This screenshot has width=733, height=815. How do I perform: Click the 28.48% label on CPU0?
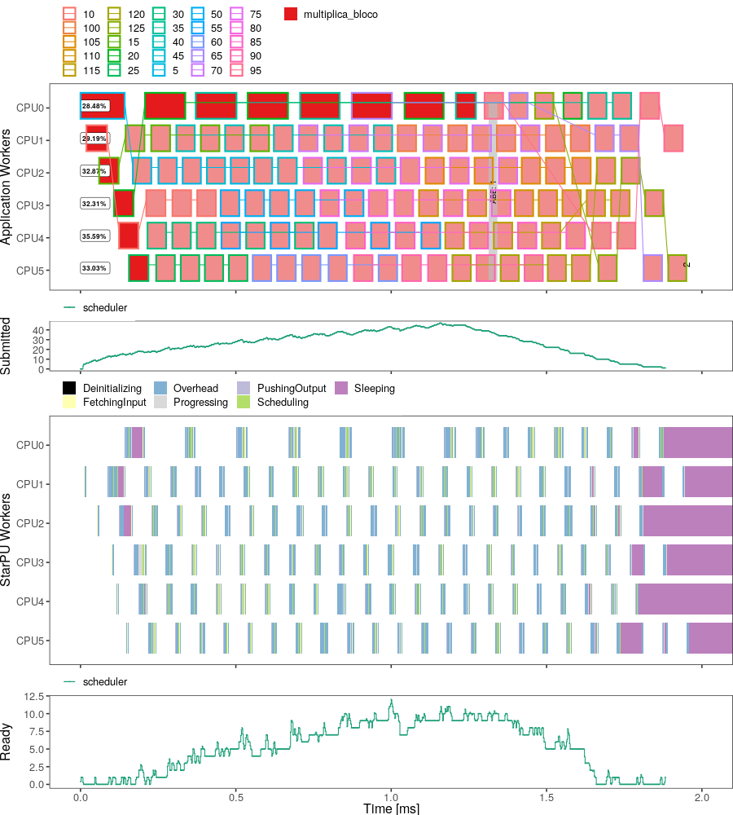pos(94,106)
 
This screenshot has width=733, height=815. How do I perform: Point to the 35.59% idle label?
pos(94,236)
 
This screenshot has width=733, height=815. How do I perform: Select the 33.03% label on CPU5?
pos(94,268)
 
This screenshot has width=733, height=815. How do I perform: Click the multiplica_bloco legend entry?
pos(292,15)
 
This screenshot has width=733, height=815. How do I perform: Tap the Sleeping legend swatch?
pos(342,389)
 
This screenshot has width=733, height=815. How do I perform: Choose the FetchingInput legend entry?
pos(70,403)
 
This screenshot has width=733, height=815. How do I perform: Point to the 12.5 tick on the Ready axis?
pos(33,696)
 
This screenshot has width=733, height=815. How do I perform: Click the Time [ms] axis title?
pos(391,808)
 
